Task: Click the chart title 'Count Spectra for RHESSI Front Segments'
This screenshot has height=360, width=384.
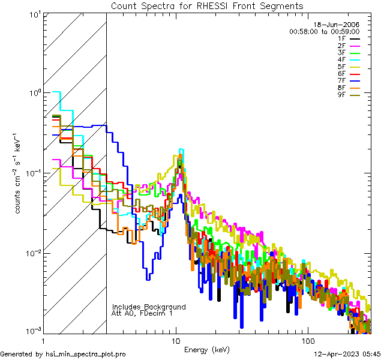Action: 207,6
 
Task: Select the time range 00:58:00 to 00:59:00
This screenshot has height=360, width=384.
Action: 324,31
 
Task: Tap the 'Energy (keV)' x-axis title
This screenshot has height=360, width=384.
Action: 206,349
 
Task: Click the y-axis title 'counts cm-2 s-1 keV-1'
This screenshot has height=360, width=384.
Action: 19,173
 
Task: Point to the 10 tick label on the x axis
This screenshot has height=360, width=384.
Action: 175,340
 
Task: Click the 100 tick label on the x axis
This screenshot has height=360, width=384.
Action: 307,340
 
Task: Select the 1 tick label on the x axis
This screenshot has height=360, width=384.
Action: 44,340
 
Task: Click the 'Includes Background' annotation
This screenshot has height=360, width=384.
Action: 149,307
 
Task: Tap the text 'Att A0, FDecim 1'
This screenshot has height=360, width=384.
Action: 142,313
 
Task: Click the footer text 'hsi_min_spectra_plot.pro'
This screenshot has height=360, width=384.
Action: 86,354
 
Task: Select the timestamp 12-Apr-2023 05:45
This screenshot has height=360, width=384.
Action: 347,354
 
